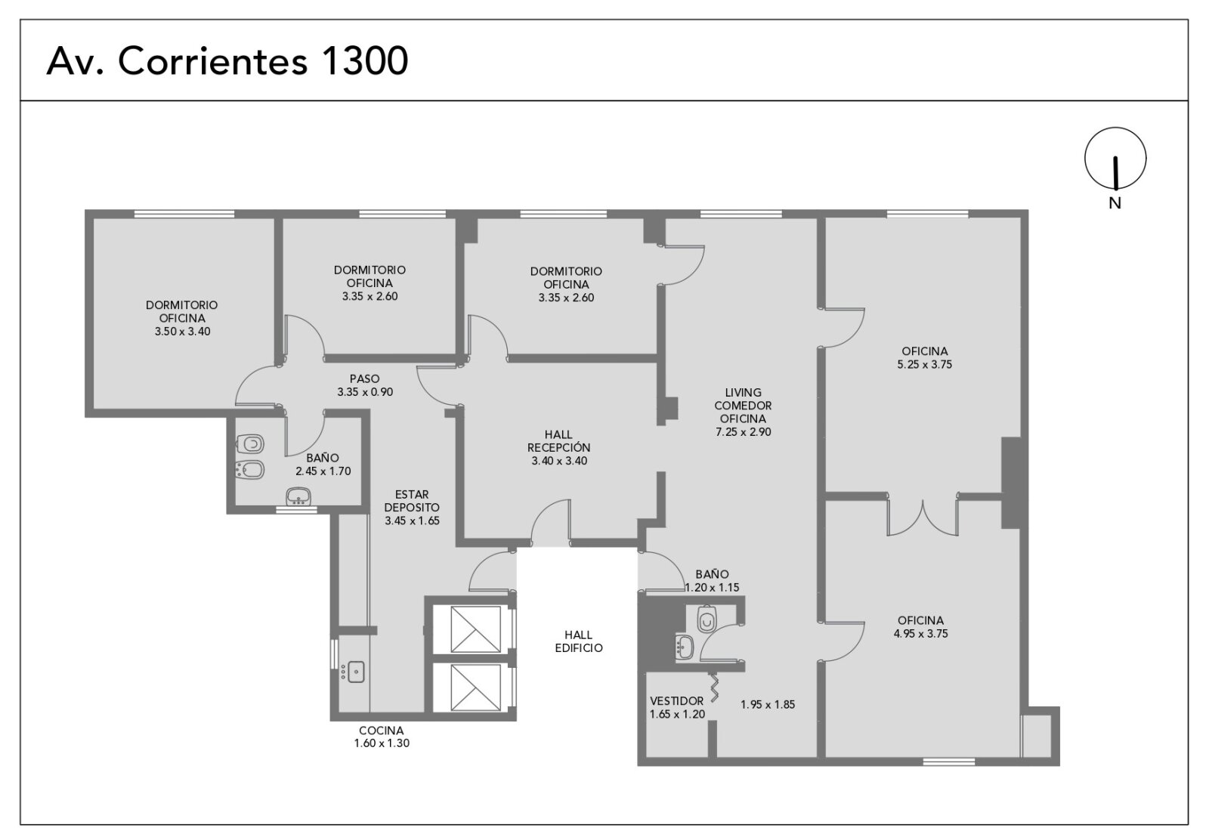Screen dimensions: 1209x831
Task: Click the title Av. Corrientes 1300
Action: [227, 61]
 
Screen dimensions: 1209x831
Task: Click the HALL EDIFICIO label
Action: [579, 641]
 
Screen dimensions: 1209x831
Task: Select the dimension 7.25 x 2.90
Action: [744, 431]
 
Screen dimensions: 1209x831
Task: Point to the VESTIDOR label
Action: [677, 701]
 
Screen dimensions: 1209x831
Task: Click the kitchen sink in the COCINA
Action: [356, 672]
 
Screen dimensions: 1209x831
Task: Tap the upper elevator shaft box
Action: [475, 629]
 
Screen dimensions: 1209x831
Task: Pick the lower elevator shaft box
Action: [475, 687]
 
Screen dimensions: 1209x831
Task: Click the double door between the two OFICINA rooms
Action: [923, 519]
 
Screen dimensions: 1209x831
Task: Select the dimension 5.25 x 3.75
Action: [925, 364]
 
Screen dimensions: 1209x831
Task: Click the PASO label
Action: [364, 378]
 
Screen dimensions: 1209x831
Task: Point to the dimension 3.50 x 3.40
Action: [182, 332]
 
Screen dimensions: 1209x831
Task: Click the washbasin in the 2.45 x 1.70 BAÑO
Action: [298, 496]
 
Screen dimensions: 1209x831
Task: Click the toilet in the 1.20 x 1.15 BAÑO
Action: [706, 619]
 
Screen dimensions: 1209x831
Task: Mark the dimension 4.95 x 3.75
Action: [921, 634]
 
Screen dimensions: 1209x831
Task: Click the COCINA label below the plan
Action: [381, 730]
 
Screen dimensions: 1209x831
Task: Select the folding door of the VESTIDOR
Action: [713, 687]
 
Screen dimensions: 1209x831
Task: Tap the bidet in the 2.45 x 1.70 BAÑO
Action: [250, 470]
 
